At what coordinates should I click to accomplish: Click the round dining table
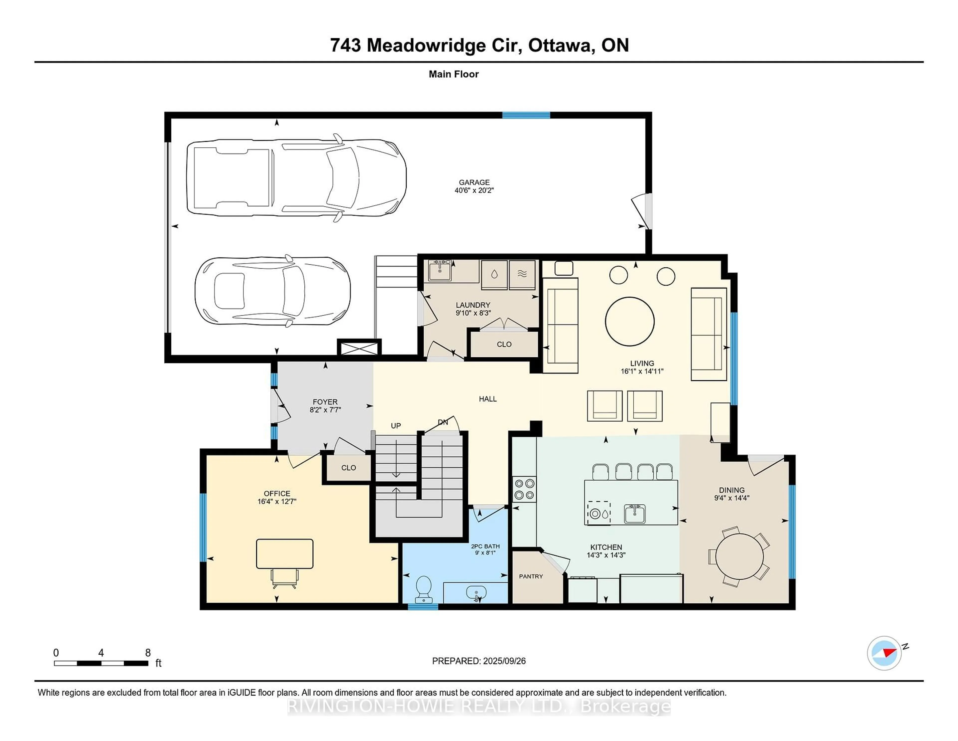[x=739, y=557]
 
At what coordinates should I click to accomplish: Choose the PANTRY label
[x=531, y=576]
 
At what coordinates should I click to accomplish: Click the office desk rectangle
[x=285, y=554]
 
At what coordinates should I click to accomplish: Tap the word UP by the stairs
[x=396, y=426]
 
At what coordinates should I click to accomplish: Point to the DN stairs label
[x=443, y=422]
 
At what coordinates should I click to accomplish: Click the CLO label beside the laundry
[x=504, y=345]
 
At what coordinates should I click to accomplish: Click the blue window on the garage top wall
[x=526, y=115]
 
